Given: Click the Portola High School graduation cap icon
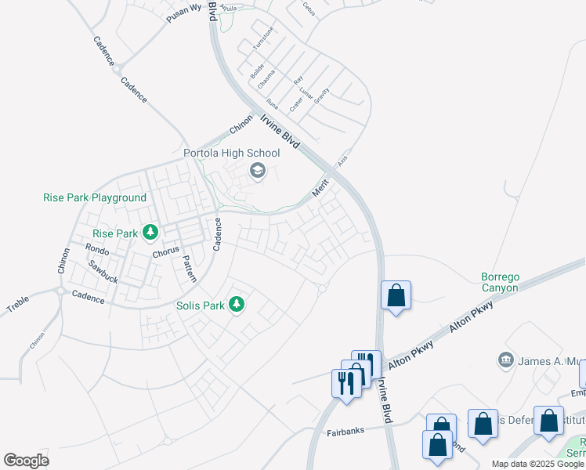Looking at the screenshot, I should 257,170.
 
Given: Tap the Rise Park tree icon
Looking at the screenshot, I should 150,233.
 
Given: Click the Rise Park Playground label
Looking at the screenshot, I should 94,198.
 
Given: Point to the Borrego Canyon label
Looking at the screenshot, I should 500,282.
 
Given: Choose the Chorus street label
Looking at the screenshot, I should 165,253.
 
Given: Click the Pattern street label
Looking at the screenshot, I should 189,269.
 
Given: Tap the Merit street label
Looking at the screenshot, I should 320,188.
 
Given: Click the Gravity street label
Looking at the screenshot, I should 322,96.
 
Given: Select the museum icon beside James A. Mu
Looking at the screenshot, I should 505,360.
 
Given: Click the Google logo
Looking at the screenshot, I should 27,461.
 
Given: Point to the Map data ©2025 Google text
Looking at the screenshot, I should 537,464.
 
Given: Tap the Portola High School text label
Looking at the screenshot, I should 231,153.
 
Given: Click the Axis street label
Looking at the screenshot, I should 342,159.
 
